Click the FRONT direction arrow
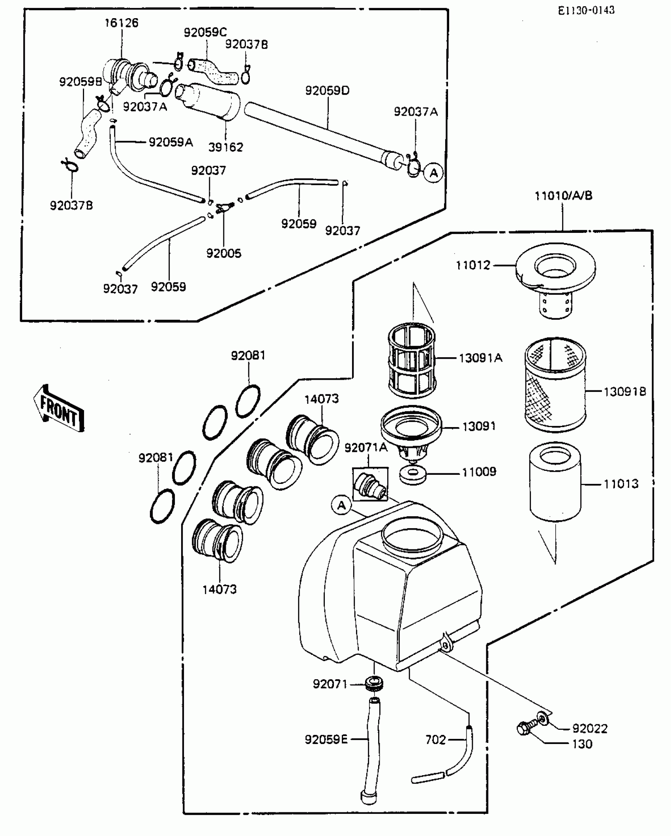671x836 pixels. (59, 409)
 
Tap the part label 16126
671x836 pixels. (121, 23)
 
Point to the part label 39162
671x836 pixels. (226, 147)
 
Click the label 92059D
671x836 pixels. (327, 91)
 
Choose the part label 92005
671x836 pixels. (223, 253)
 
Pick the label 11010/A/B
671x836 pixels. (563, 196)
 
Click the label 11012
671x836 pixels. (472, 265)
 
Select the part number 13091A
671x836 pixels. (480, 358)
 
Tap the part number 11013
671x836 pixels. (621, 484)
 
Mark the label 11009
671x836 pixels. (479, 472)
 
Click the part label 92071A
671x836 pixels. (366, 448)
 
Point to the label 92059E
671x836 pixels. (326, 739)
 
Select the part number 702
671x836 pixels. (435, 740)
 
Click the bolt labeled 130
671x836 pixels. (525, 728)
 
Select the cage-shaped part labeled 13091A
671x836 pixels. (412, 360)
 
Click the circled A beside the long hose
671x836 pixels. (434, 173)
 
